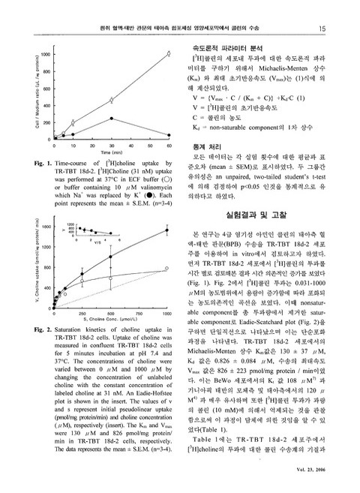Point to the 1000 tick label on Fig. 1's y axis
click(x=46, y=54)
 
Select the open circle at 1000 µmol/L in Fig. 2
click(x=166, y=269)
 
